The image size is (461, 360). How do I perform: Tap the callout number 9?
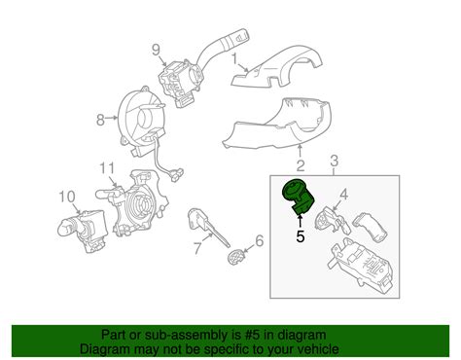coord(155,50)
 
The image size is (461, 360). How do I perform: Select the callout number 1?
coord(234,58)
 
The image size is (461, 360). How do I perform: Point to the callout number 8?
coord(98,122)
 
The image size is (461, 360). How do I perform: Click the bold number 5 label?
coord(301,234)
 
